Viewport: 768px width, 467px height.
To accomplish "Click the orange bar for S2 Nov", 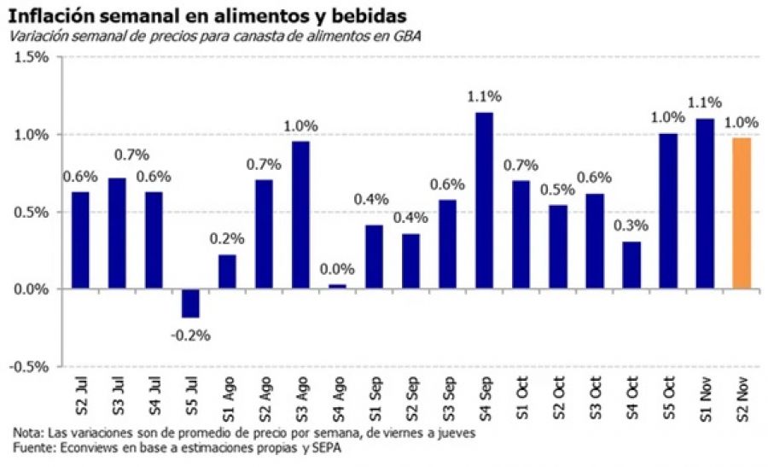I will pyautogui.click(x=742, y=213).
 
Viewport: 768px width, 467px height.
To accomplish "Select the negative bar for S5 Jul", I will pyautogui.click(x=190, y=303).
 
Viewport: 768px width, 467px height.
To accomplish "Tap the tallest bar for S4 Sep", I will pyautogui.click(x=484, y=201).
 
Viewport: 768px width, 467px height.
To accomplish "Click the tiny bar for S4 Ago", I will pyautogui.click(x=337, y=287).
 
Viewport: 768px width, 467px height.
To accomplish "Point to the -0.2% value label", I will pyautogui.click(x=190, y=333).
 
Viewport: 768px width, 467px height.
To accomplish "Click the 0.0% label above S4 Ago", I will pyautogui.click(x=337, y=269).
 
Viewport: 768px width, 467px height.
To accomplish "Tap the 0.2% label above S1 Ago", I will pyautogui.click(x=227, y=238).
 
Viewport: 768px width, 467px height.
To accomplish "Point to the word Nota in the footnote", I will pyautogui.click(x=26, y=433).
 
